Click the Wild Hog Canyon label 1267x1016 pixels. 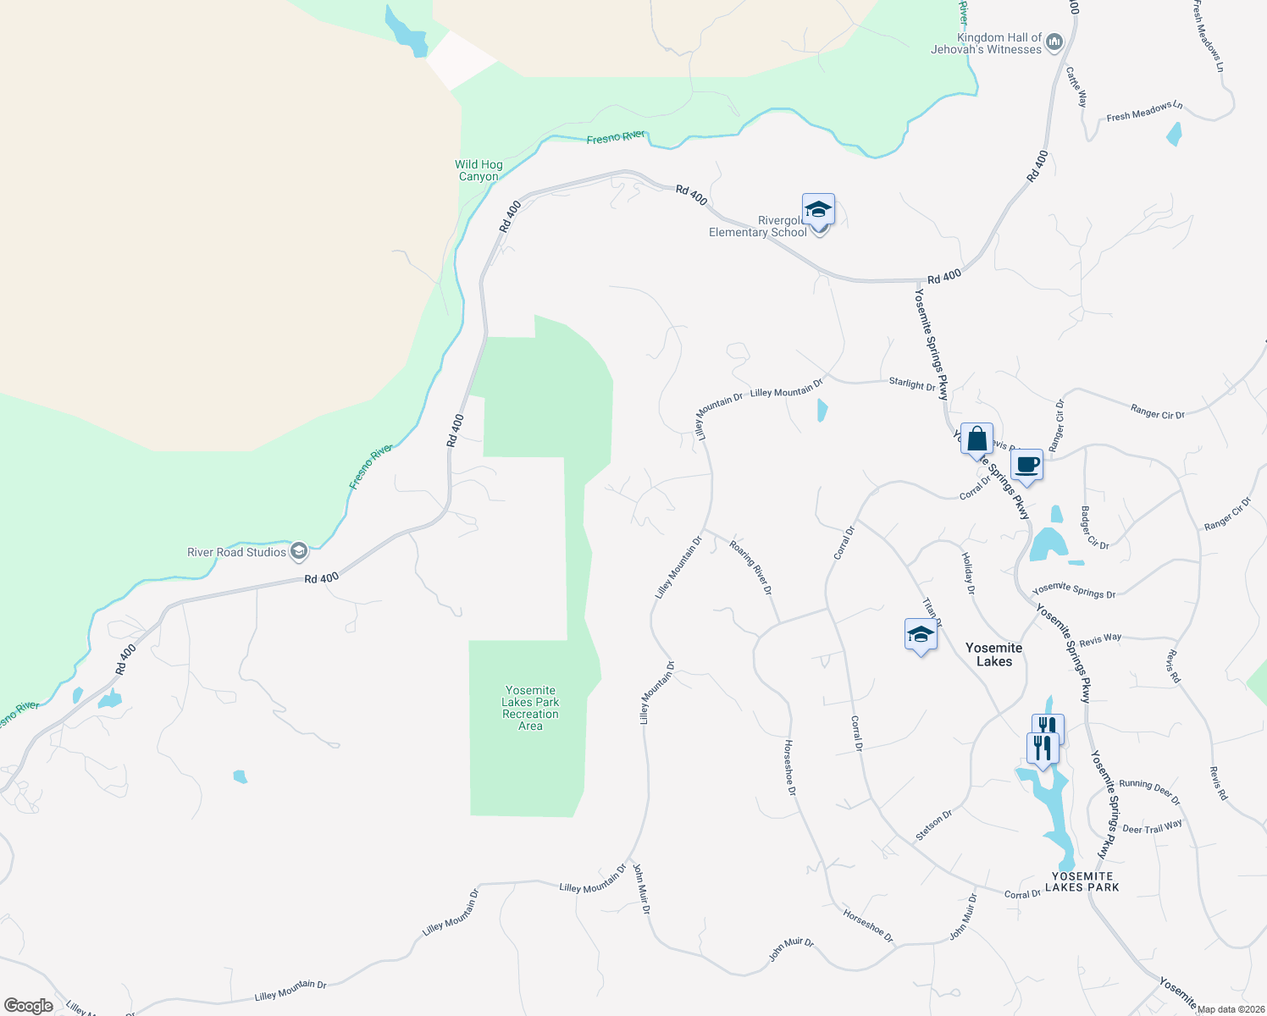coord(479,170)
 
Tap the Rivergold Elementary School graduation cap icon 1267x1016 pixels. coord(818,209)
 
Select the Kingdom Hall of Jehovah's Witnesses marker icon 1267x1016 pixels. coord(1054,41)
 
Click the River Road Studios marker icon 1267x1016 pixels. coord(298,552)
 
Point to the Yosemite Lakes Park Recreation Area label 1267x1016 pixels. coord(530,708)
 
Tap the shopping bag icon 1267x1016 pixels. coord(977,439)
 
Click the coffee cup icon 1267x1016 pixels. coord(1026,465)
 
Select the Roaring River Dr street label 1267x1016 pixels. coord(751,565)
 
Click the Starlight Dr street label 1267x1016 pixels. coord(912,384)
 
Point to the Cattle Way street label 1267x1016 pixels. coord(1076,86)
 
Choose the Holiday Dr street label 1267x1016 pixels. coord(968,573)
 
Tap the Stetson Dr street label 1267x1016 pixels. coord(934,825)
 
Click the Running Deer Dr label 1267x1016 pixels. coord(1149,791)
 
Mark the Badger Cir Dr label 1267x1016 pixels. coord(1094,527)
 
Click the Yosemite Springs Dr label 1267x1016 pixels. coord(1074,590)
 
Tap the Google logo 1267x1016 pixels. coord(28,1006)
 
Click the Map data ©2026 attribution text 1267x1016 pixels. coord(1231,1009)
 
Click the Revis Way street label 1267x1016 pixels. coord(1100,639)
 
